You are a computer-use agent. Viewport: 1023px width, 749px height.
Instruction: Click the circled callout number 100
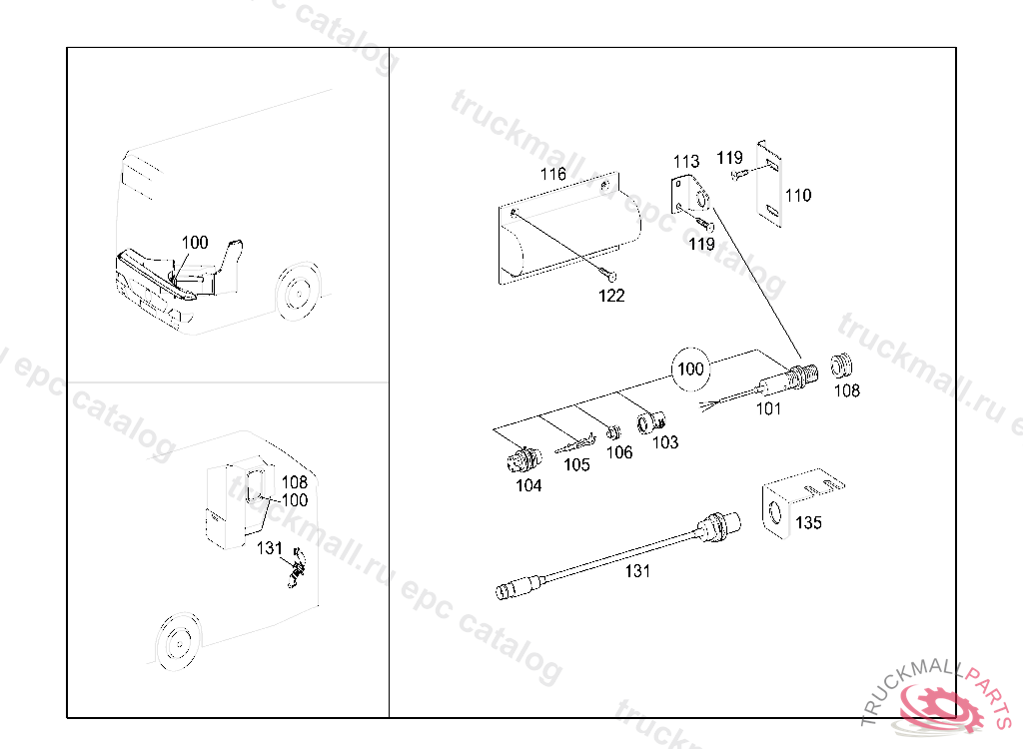tap(690, 369)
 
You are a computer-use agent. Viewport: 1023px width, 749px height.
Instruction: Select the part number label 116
tap(552, 174)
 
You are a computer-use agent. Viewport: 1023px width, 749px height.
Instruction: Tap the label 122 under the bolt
tap(611, 296)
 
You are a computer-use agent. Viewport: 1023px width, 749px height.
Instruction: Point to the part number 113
tap(686, 161)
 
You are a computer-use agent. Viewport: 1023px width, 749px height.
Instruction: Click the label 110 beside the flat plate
tap(797, 195)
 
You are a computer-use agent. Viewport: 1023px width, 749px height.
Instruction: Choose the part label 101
tap(767, 407)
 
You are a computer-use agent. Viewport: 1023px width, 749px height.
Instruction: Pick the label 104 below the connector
tap(528, 485)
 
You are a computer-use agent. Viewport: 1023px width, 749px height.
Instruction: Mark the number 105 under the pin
tap(576, 465)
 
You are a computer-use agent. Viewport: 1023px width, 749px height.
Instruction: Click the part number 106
tap(619, 452)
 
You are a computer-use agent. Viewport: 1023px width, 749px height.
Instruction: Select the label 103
tap(664, 441)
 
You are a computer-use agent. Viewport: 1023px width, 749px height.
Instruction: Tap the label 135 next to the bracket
tap(808, 522)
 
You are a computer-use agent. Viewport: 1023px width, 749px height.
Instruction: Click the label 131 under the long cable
tap(637, 571)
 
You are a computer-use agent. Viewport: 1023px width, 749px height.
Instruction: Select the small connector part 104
tap(518, 460)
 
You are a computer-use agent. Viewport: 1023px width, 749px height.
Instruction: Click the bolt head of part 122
tap(611, 277)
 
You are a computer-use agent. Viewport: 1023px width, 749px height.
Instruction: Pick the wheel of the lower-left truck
tap(178, 639)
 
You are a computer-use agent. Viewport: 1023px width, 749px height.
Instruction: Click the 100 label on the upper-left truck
tap(195, 243)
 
